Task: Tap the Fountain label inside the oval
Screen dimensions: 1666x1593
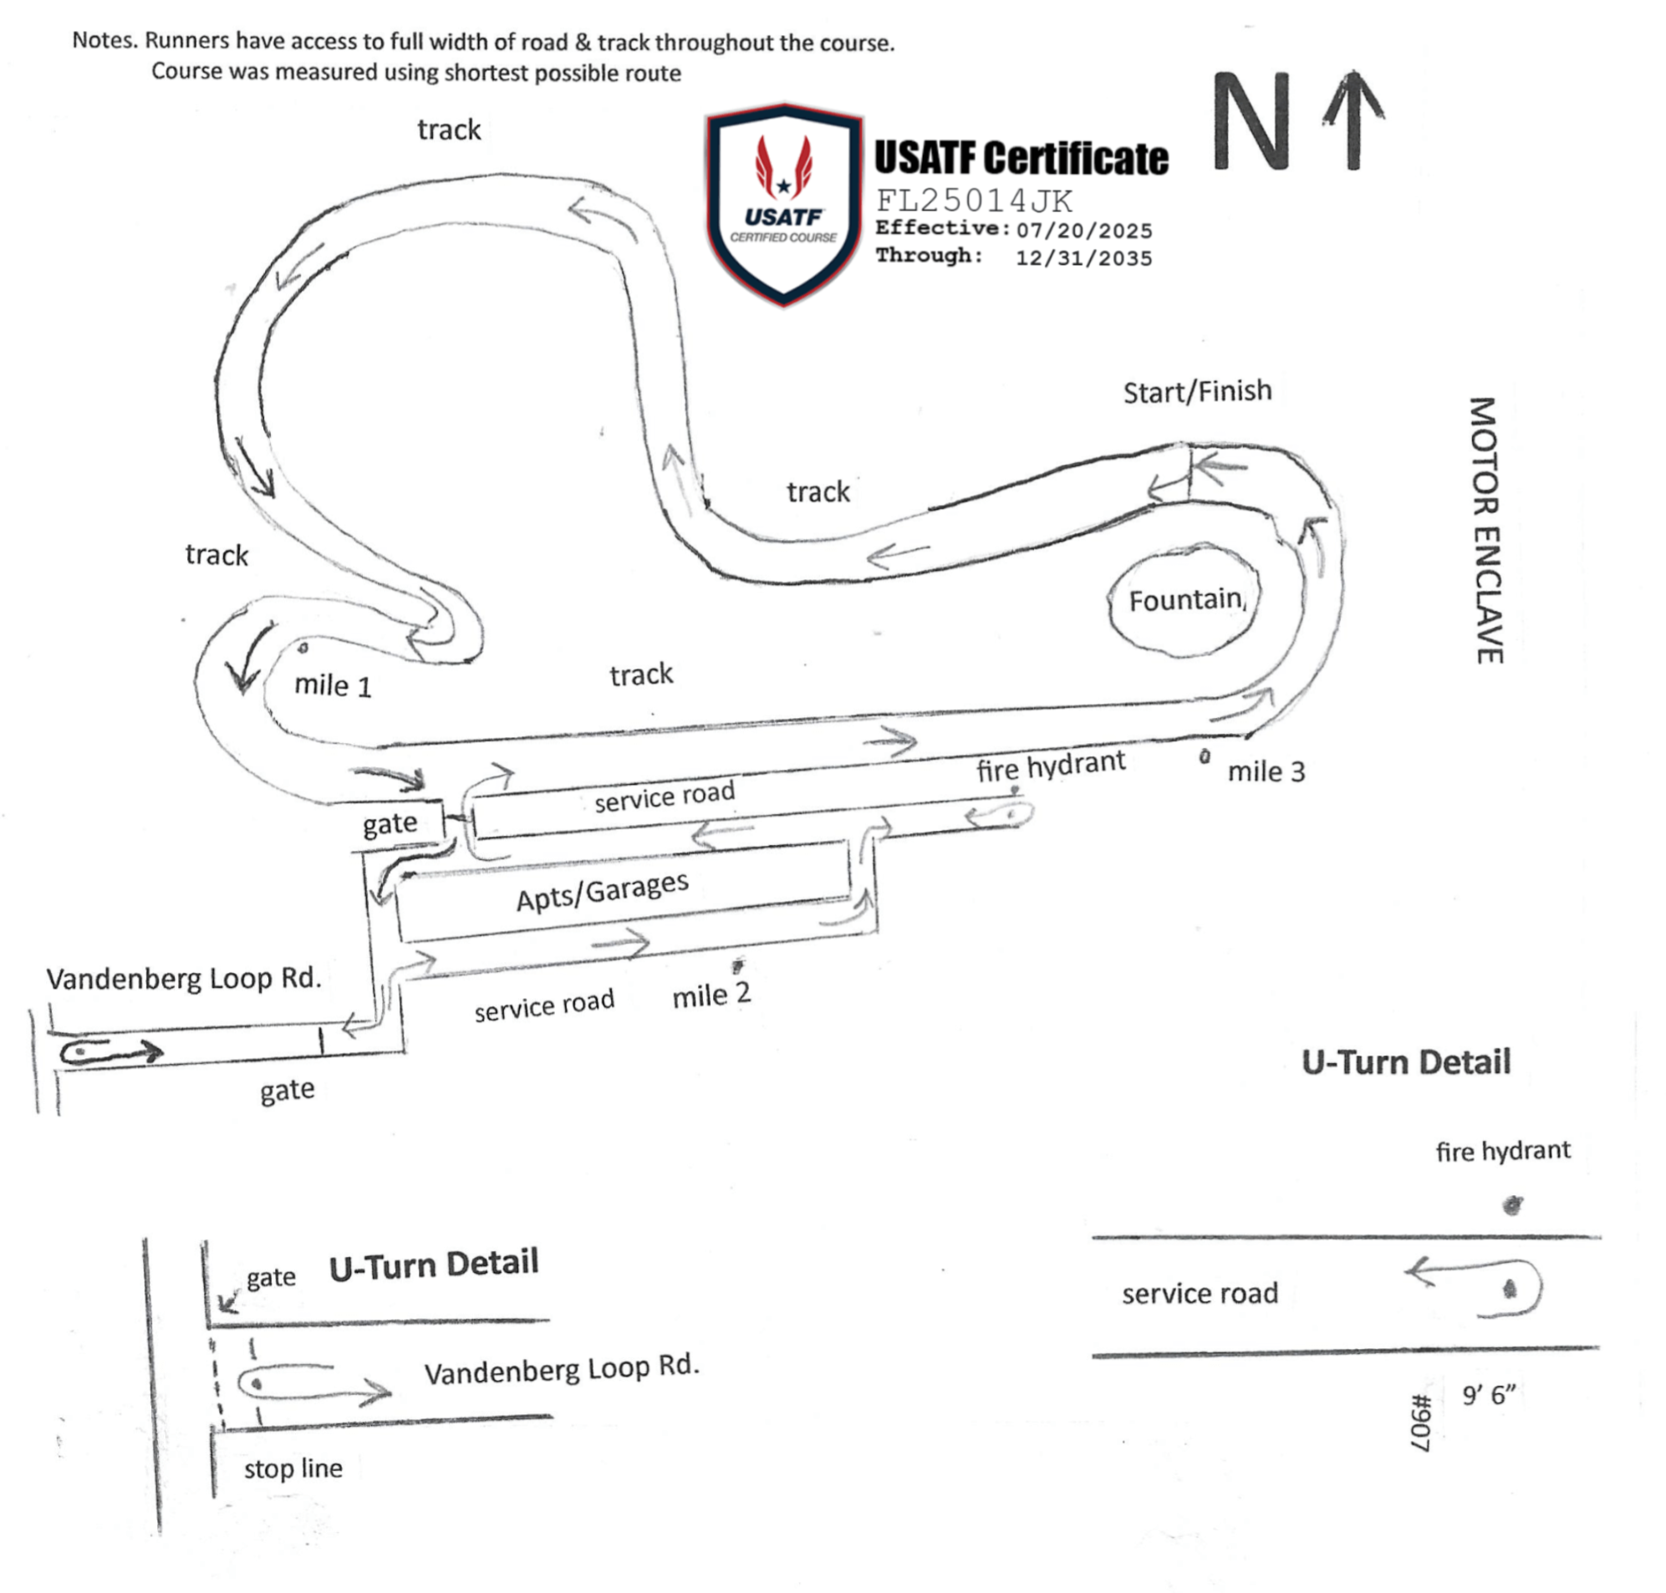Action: pos(1185,600)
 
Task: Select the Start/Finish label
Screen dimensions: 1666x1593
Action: pos(1197,391)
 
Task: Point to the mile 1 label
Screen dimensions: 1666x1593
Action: pos(333,685)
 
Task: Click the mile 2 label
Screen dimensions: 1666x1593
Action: pos(711,995)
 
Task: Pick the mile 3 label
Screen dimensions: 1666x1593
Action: pos(1266,771)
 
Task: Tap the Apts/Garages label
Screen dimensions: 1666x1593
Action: pos(602,891)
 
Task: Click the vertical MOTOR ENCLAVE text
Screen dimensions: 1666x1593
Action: pos(1485,530)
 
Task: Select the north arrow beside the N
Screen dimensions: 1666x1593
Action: pos(1353,120)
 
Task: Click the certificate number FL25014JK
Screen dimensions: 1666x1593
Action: pos(974,201)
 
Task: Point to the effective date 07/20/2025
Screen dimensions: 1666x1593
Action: pos(1084,230)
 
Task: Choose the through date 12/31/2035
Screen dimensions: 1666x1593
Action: pos(1084,258)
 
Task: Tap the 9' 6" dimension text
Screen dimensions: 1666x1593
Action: pos(1489,1394)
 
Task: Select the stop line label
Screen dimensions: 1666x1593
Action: pos(293,1468)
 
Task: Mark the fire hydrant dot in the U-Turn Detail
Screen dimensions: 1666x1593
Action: pos(1512,1205)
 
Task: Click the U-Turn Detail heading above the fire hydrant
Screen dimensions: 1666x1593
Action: pos(1406,1062)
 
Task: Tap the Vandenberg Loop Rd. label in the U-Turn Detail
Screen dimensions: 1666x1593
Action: pos(561,1369)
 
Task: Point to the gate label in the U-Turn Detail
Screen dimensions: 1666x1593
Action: pos(271,1278)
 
